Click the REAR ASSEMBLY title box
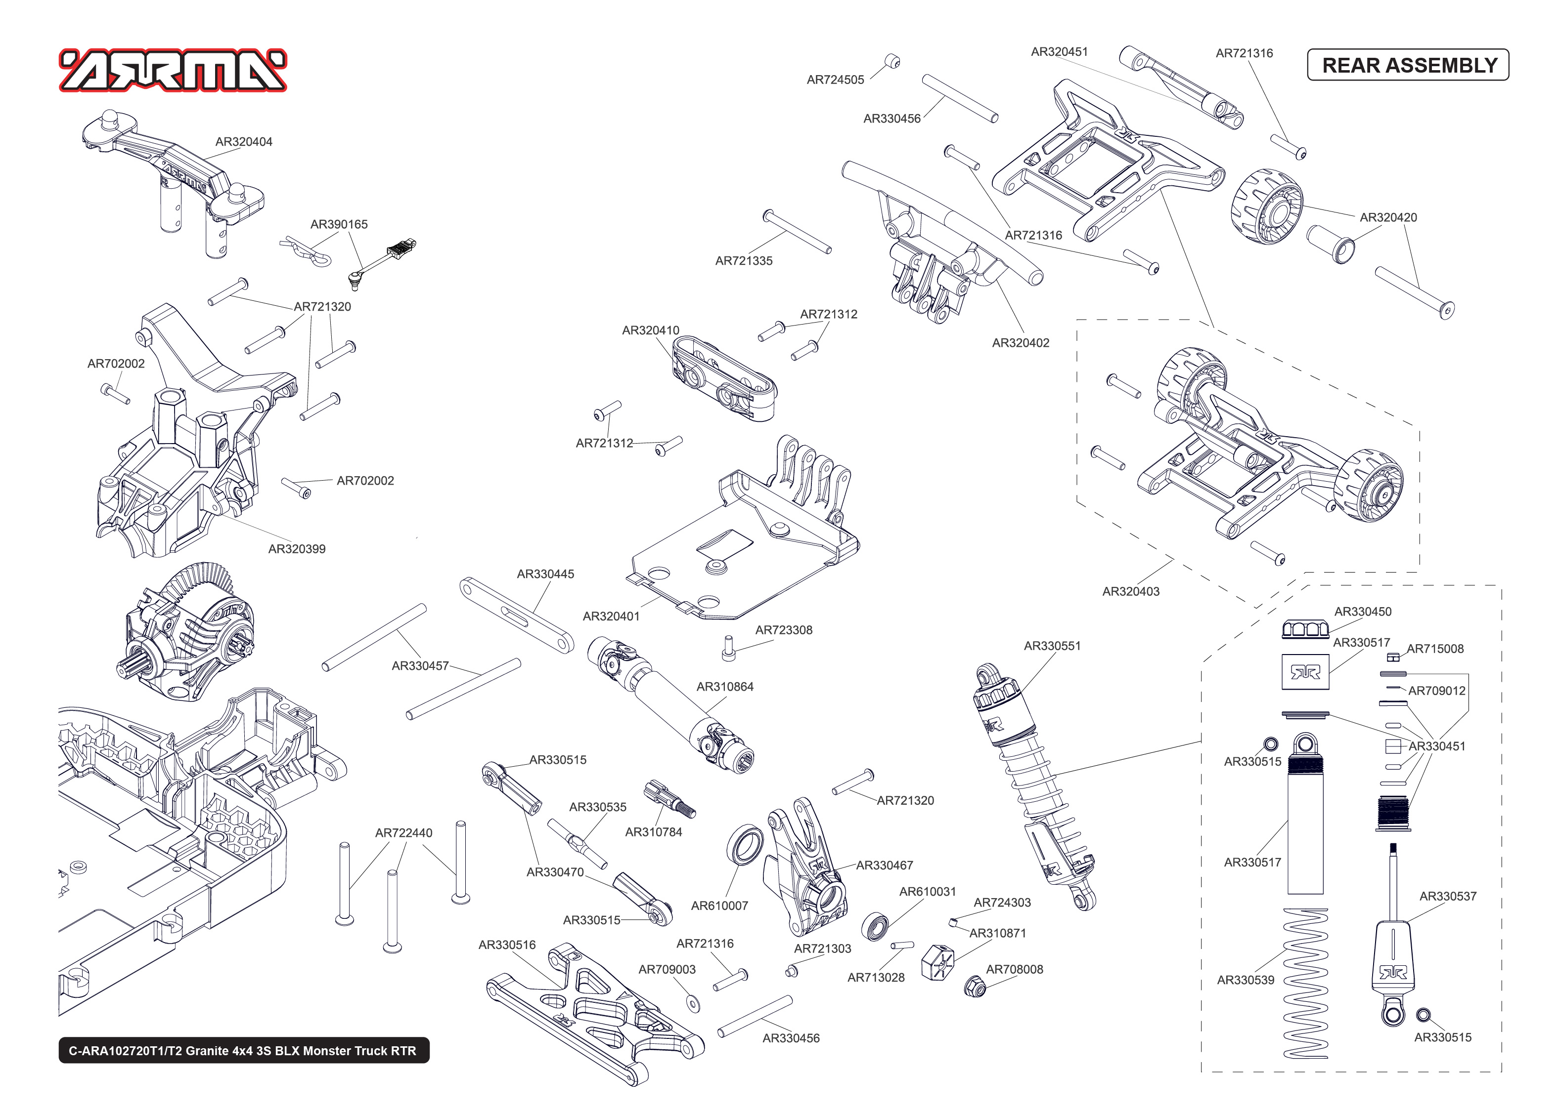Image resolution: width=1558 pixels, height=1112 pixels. coord(1408,65)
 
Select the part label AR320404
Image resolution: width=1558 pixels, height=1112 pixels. coord(243,142)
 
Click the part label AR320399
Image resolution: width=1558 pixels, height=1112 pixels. coord(297,548)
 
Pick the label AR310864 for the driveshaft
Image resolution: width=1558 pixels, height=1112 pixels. coord(725,686)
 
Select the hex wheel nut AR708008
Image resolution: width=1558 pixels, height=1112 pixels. coord(974,987)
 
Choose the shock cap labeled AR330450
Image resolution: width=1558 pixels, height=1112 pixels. coord(1305,628)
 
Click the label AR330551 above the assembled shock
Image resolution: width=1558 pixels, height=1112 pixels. coord(1052,645)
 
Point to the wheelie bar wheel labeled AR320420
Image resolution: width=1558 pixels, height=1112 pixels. coord(1267,206)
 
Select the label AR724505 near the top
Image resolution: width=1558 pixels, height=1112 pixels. coord(835,80)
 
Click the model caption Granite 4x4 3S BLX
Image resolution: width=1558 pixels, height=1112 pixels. coord(243,1050)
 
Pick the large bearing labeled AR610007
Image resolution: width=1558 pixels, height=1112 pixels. coord(745,844)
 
